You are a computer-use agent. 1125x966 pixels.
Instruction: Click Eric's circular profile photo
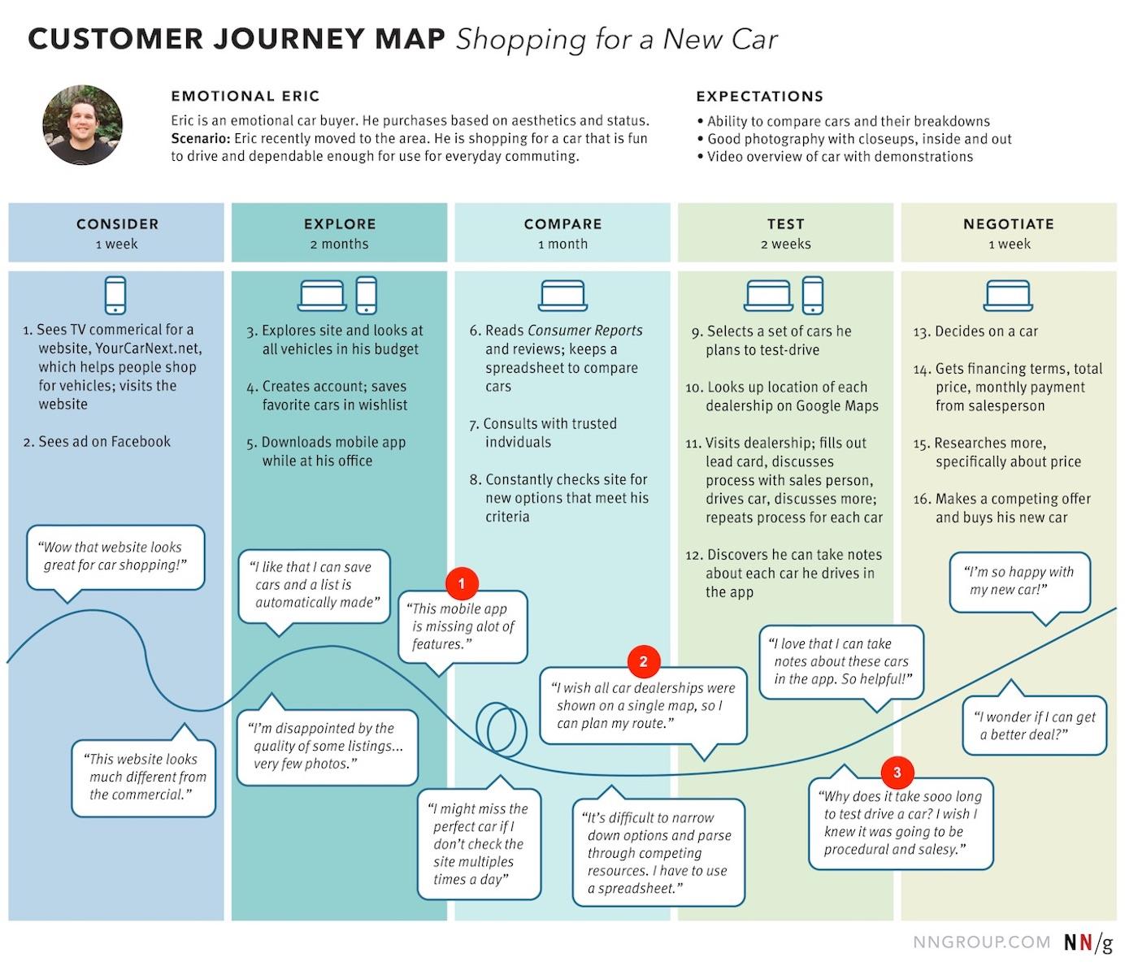[x=83, y=126]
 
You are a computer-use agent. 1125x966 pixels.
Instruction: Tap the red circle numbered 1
[x=462, y=583]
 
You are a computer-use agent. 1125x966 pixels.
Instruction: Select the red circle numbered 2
[x=643, y=661]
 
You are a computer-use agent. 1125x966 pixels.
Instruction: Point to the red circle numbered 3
[x=897, y=773]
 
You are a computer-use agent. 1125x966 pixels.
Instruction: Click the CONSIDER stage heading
[x=117, y=224]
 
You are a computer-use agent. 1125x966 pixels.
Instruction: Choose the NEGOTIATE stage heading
[x=1008, y=224]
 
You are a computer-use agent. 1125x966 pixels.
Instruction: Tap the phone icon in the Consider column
[x=115, y=295]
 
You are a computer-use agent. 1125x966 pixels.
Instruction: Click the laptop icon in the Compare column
[x=562, y=296]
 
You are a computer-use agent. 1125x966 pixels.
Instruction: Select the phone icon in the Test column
[x=812, y=295]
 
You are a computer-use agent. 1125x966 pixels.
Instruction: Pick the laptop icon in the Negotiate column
[x=1008, y=296]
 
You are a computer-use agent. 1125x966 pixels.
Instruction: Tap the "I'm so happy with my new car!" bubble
[x=1020, y=580]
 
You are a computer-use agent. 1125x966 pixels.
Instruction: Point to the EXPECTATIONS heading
[x=759, y=97]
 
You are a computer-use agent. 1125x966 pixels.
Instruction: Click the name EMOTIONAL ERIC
[x=245, y=97]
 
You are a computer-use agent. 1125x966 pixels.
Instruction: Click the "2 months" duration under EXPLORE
[x=339, y=244]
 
